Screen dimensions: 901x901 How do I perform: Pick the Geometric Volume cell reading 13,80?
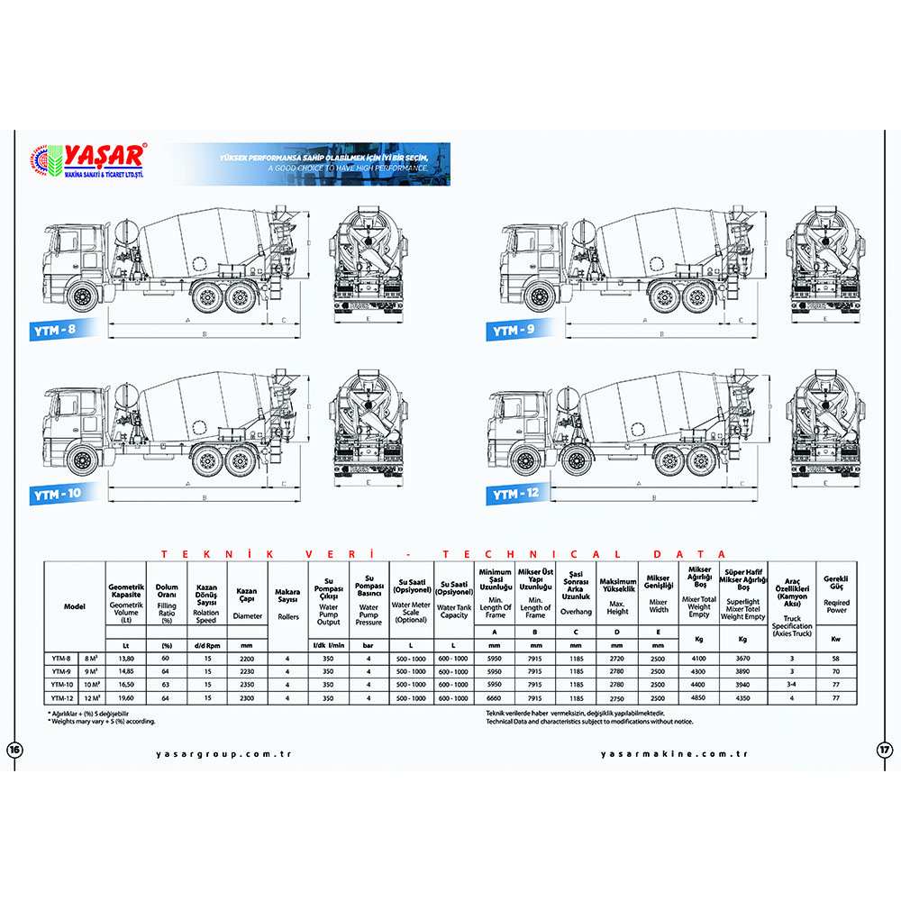point(126,659)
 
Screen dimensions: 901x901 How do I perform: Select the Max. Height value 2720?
point(618,659)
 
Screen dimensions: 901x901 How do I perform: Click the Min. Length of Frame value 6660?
point(496,696)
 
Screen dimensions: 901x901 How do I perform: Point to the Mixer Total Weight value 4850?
point(699,696)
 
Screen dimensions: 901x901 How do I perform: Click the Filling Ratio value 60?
point(166,659)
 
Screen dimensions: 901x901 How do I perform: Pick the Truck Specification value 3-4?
point(792,684)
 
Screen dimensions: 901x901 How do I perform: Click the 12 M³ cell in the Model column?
point(92,696)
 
